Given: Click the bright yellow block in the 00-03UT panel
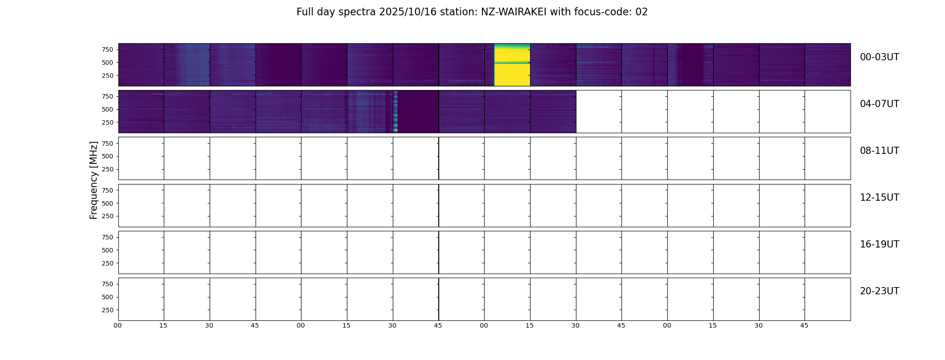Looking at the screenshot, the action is (x=512, y=65).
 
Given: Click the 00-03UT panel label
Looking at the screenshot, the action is (x=879, y=57).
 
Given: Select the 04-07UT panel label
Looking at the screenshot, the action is (x=879, y=104).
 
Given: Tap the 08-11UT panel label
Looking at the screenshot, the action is (x=879, y=151).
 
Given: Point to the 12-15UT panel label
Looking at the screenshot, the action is (x=879, y=198).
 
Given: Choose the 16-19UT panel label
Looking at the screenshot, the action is (x=879, y=244).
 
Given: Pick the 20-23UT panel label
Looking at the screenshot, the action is (x=879, y=291).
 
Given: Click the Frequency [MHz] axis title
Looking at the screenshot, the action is (x=94, y=180).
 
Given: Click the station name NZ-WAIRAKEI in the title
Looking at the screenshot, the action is (x=513, y=12).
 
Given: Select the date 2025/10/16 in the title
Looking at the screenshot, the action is (x=408, y=12).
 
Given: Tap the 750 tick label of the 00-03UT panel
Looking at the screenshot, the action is (x=108, y=49).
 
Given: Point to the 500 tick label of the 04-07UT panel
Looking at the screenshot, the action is (x=108, y=109).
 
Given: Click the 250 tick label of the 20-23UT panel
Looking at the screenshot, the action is (x=108, y=310).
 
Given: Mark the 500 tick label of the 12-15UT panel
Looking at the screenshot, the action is (x=108, y=203).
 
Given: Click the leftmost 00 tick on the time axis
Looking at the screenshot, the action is (x=117, y=325).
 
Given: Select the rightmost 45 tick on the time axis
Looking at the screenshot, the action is (x=804, y=325).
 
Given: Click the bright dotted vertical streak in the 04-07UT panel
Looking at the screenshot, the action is (x=395, y=112).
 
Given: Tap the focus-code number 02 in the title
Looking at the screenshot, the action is (x=641, y=12).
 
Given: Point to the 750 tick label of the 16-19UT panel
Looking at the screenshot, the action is (x=108, y=237).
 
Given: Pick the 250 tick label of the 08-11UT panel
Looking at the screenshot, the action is (x=108, y=170).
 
